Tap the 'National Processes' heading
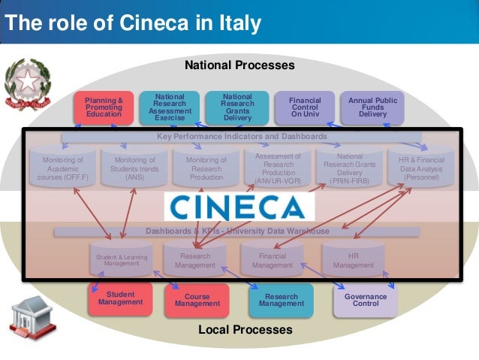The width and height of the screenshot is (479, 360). (x=239, y=65)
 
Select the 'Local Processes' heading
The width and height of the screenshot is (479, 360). (x=245, y=329)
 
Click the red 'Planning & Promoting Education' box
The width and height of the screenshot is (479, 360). (x=104, y=107)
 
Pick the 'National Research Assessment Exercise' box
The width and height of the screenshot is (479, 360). (x=170, y=107)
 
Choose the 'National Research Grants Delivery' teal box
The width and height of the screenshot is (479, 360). (x=237, y=107)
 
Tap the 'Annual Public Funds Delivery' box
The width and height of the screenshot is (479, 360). (x=372, y=107)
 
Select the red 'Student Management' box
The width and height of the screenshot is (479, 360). (x=120, y=298)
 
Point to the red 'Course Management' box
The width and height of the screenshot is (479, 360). (x=197, y=300)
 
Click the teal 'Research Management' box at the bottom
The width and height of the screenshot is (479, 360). (x=282, y=300)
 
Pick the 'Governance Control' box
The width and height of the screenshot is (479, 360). (x=366, y=300)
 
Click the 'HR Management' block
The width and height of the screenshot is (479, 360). (x=353, y=260)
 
